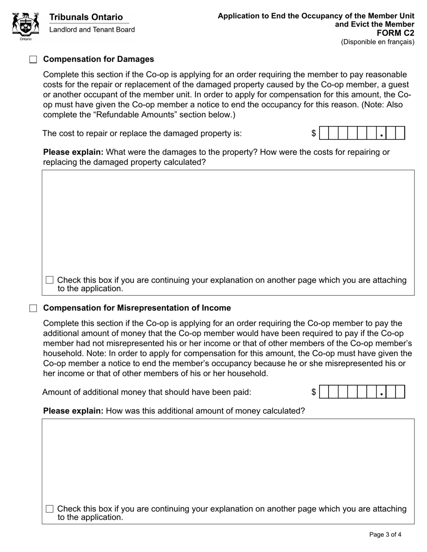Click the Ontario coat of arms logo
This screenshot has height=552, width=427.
click(26, 26)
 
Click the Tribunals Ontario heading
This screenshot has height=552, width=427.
click(86, 18)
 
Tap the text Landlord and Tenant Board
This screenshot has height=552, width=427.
click(92, 30)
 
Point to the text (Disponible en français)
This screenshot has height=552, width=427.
click(378, 42)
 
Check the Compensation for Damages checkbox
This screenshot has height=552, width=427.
click(33, 60)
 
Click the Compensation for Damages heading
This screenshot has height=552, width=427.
click(98, 59)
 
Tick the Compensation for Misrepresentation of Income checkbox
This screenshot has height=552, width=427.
click(33, 308)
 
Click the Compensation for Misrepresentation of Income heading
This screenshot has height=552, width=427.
click(137, 308)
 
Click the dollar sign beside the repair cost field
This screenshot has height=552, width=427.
click(314, 133)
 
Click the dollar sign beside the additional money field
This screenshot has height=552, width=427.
click(314, 392)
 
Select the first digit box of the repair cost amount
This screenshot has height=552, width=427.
click(324, 133)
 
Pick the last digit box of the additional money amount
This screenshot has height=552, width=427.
click(400, 392)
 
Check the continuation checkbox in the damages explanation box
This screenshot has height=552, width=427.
click(50, 280)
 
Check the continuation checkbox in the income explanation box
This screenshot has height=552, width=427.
click(50, 509)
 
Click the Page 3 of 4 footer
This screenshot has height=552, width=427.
click(385, 534)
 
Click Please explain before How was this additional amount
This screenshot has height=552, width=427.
click(73, 411)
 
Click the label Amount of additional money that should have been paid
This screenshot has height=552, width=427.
click(147, 392)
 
